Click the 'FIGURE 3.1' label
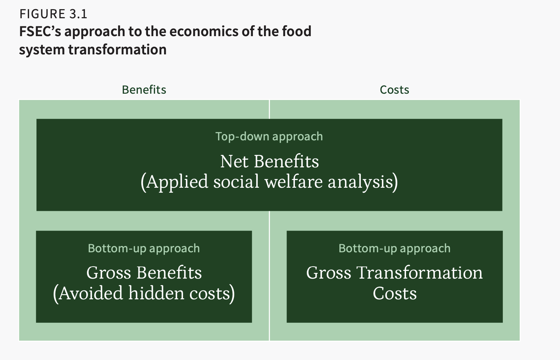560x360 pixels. click(x=53, y=14)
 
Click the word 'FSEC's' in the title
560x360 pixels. click(x=40, y=31)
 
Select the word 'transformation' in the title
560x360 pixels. click(x=117, y=49)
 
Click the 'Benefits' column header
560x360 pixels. click(x=144, y=90)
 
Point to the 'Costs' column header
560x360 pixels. click(x=394, y=90)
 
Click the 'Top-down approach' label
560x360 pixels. click(x=269, y=136)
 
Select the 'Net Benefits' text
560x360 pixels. click(x=270, y=161)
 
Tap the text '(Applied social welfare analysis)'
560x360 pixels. click(x=269, y=182)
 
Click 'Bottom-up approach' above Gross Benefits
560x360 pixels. click(x=144, y=248)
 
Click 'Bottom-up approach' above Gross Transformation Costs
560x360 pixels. click(x=394, y=248)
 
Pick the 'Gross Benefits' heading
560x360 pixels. click(x=144, y=272)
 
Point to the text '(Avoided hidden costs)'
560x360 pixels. click(x=144, y=293)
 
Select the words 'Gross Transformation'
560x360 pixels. click(x=394, y=272)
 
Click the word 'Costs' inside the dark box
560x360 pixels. click(x=395, y=293)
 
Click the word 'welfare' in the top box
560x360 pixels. click(x=294, y=182)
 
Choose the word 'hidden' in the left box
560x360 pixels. click(x=157, y=293)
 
